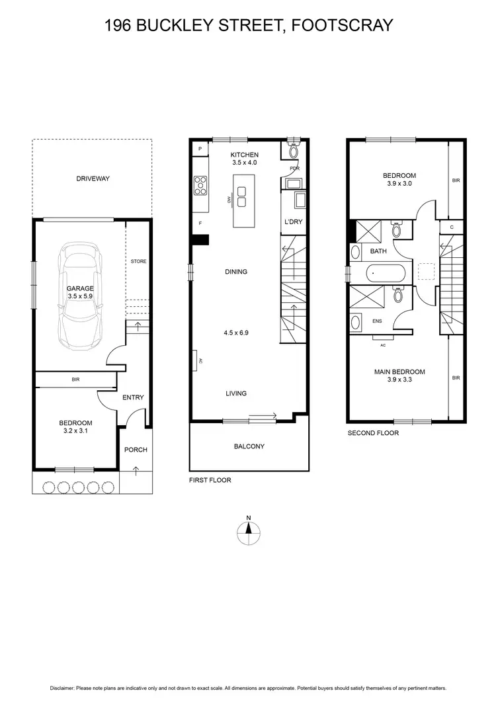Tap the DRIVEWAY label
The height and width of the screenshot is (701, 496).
click(x=93, y=179)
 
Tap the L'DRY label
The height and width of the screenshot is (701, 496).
click(x=294, y=222)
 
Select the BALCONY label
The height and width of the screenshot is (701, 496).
click(x=249, y=446)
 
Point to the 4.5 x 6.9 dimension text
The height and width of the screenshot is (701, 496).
click(x=236, y=333)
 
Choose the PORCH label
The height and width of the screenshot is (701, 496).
click(x=136, y=450)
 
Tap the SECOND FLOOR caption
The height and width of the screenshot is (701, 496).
click(x=373, y=433)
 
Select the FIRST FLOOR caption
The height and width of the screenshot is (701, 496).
click(x=210, y=480)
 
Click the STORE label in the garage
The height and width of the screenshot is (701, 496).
click(x=138, y=261)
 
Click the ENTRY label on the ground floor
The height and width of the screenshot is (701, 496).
click(x=133, y=397)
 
